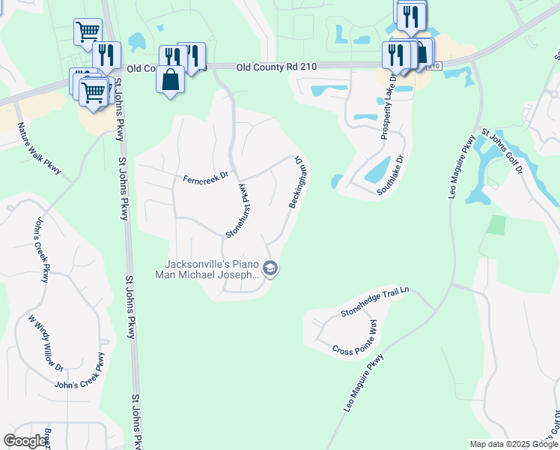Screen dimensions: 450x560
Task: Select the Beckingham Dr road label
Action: (299, 182)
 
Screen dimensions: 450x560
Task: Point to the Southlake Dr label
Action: (390, 175)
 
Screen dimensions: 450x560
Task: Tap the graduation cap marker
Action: (271, 268)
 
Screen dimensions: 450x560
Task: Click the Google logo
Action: (25, 441)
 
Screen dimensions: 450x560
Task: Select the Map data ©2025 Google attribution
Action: (513, 444)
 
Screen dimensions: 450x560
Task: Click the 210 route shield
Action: (435, 67)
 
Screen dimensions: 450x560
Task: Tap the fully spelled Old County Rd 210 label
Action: (276, 67)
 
